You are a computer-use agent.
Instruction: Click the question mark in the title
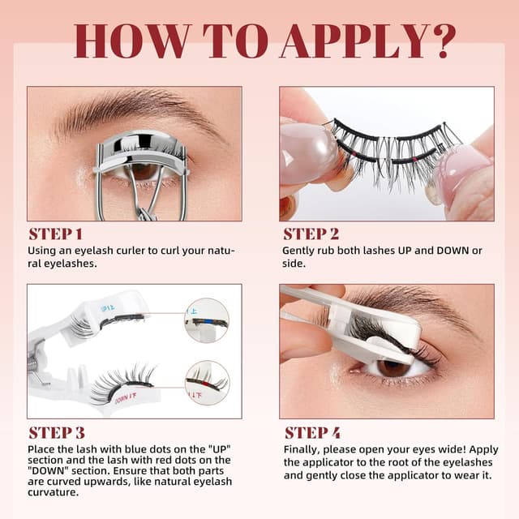point(435,41)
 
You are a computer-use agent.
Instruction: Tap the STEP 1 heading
point(55,234)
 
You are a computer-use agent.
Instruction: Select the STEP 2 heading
point(311,234)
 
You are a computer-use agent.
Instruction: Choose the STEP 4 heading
point(311,432)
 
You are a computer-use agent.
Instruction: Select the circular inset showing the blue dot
point(207,320)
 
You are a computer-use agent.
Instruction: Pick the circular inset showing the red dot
point(207,382)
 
